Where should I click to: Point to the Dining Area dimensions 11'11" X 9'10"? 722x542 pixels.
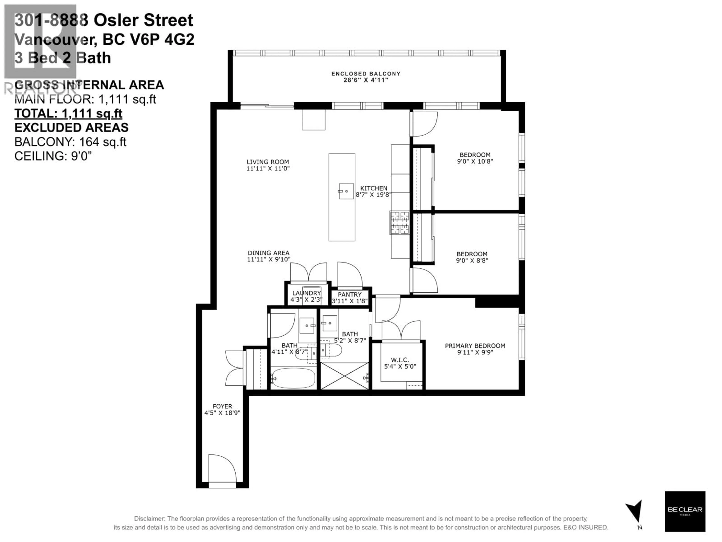tap(269, 259)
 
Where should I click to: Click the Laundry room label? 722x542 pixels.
tap(306, 293)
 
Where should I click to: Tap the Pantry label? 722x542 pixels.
tap(350, 294)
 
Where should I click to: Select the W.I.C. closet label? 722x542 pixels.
tap(400, 360)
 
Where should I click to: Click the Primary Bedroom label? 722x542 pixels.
tap(475, 346)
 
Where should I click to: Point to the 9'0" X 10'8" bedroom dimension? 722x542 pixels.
tap(475, 161)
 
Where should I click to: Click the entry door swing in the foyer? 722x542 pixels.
tap(222, 468)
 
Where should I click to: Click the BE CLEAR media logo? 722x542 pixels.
tap(685, 511)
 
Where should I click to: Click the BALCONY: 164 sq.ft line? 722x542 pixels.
tap(70, 142)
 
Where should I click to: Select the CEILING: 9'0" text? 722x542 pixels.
tap(53, 156)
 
